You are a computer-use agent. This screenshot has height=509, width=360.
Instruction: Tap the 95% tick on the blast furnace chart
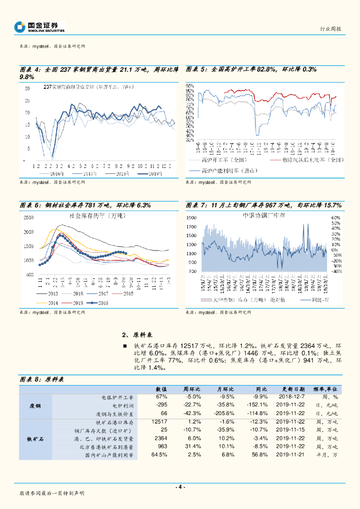pos(189,86)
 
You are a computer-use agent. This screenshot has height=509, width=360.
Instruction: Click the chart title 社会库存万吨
pos(97,216)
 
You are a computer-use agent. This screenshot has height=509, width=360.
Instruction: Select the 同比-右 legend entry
pos(323,300)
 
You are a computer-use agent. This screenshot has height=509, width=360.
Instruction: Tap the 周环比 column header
pos(191,389)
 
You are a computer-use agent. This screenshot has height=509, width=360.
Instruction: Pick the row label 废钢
pos(34,406)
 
